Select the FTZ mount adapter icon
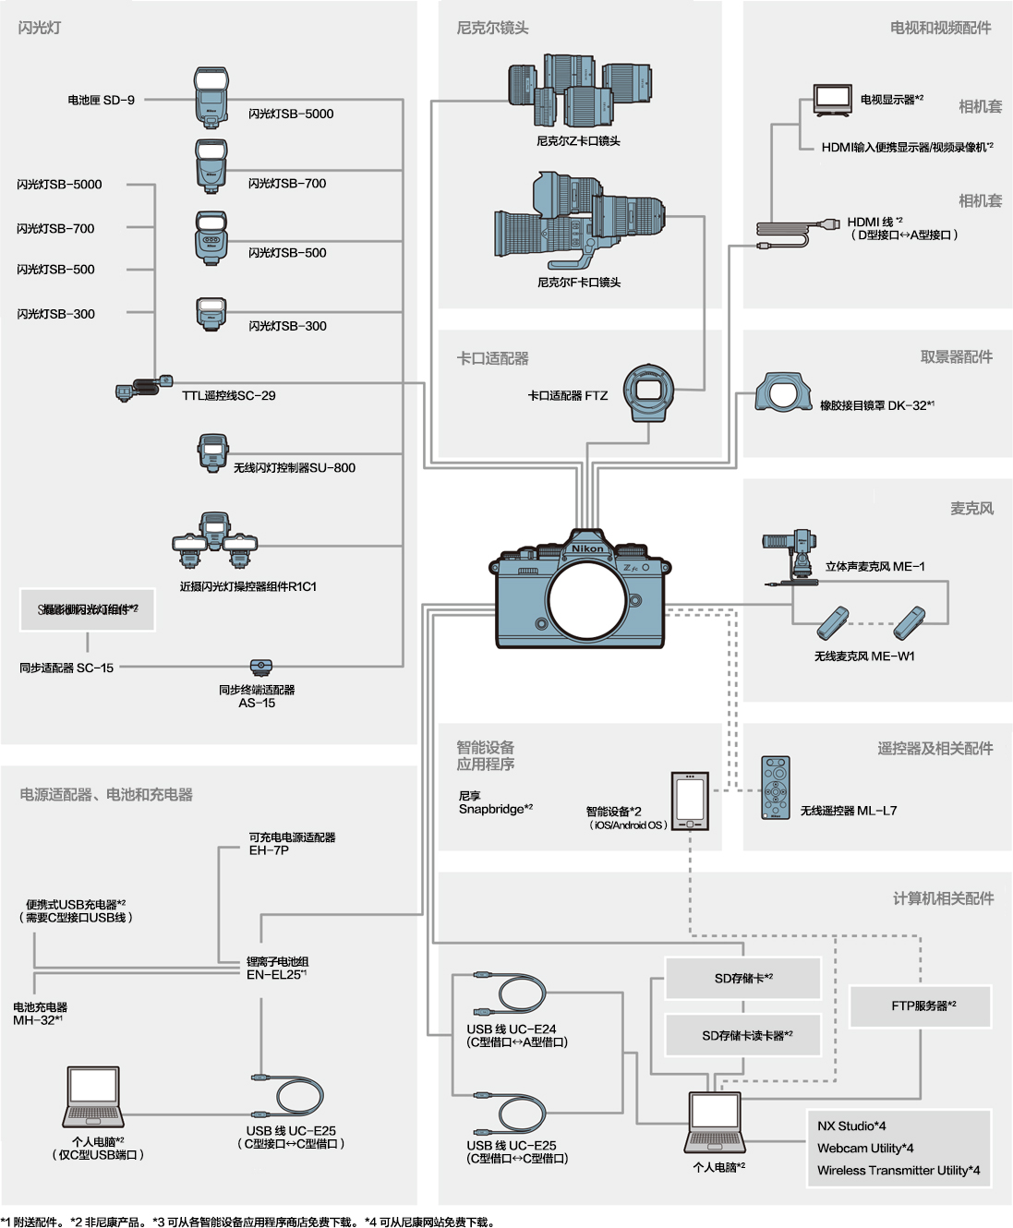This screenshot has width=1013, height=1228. pyautogui.click(x=648, y=391)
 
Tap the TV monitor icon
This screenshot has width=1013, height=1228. pyautogui.click(x=832, y=98)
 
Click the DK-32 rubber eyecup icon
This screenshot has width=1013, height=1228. pyautogui.click(x=783, y=393)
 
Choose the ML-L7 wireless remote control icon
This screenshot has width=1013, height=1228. pyautogui.click(x=776, y=788)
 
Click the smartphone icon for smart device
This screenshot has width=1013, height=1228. pyautogui.click(x=690, y=800)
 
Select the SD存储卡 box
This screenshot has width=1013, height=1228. pyautogui.click(x=743, y=978)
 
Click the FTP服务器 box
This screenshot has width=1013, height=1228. pyautogui.click(x=921, y=1005)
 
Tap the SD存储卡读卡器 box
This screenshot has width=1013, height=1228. pyautogui.click(x=743, y=1035)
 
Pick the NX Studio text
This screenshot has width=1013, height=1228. pyautogui.click(x=851, y=1126)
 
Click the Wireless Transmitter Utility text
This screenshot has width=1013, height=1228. pyautogui.click(x=898, y=1170)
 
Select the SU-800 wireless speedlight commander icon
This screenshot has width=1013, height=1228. pyautogui.click(x=212, y=452)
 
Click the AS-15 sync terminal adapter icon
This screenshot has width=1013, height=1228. pyautogui.click(x=261, y=668)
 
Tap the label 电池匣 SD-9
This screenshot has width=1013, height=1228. pyautogui.click(x=101, y=100)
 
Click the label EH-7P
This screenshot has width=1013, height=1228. pyautogui.click(x=269, y=850)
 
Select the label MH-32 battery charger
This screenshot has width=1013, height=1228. pyautogui.click(x=39, y=1014)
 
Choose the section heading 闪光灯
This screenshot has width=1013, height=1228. pyautogui.click(x=40, y=28)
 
